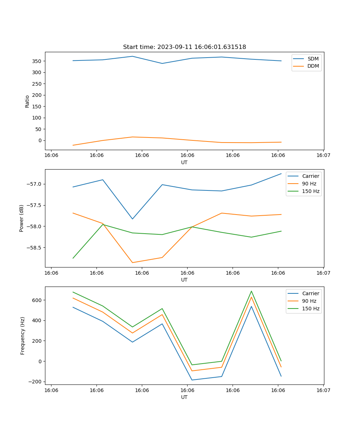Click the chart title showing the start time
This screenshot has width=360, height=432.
pyautogui.click(x=184, y=47)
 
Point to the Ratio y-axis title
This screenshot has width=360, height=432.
pyautogui.click(x=27, y=101)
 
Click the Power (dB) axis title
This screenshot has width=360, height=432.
pyautogui.click(x=22, y=218)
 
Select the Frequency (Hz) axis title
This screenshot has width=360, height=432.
pyautogui.click(x=23, y=336)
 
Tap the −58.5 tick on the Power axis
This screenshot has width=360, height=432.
pyautogui.click(x=35, y=248)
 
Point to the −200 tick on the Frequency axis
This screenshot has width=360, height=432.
pyautogui.click(x=36, y=382)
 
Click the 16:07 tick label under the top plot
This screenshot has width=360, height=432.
pyautogui.click(x=323, y=156)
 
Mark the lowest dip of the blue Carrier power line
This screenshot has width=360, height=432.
pyautogui.click(x=132, y=219)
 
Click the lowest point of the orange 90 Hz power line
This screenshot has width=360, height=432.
pyautogui.click(x=132, y=262)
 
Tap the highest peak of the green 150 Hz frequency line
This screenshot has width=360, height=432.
pyautogui.click(x=251, y=291)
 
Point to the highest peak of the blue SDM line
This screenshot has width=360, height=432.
pyautogui.click(x=132, y=56)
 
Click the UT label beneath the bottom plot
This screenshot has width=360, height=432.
pyautogui.click(x=184, y=397)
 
